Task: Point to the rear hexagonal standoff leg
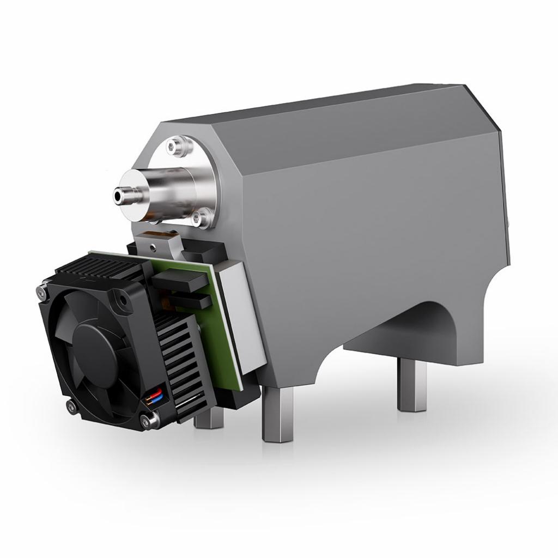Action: [411, 385]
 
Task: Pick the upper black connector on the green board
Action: [180, 281]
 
